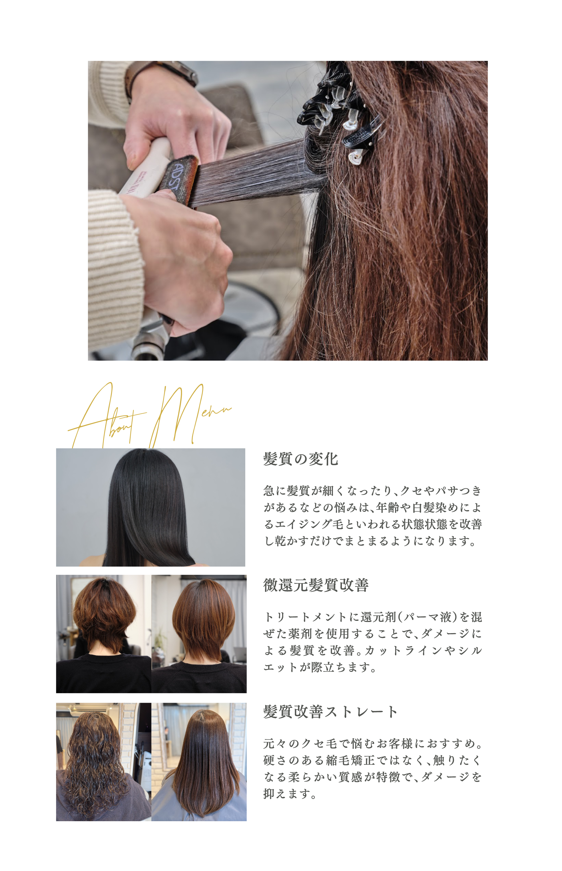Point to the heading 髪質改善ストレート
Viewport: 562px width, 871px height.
(330, 711)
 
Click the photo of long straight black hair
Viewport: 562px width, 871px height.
(150, 507)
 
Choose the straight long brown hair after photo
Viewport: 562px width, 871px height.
(199, 762)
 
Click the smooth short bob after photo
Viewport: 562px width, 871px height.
(199, 634)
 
